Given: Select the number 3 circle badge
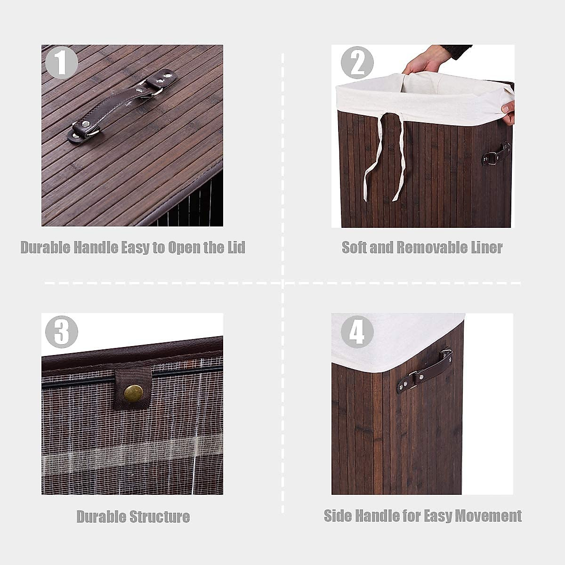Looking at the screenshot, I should pos(61,332).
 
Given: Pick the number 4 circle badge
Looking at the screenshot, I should pos(357,332).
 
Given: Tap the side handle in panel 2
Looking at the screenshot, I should pos(497,153).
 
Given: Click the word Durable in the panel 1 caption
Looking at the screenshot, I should pos(45,248).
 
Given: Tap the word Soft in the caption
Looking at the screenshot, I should pos(354,248).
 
